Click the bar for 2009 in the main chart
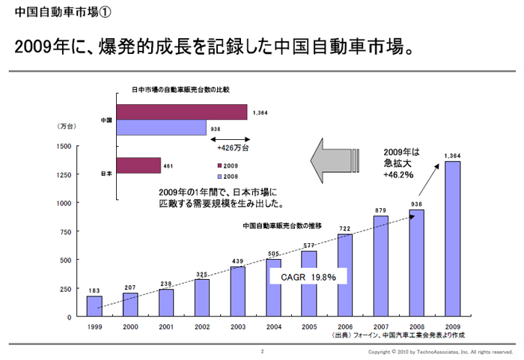(452, 239)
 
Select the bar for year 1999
(94, 306)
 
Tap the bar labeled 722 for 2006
(345, 275)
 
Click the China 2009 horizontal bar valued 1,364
(182, 112)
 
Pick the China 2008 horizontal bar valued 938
(161, 128)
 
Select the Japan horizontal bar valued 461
(138, 165)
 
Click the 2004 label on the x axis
(273, 327)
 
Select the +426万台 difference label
(232, 148)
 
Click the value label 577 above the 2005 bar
(309, 245)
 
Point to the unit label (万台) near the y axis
(67, 126)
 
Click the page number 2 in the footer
(262, 350)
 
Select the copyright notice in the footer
(441, 351)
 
